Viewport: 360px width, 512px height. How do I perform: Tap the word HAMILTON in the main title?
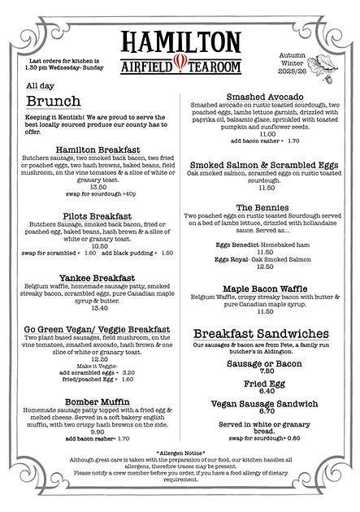pyautogui.click(x=180, y=42)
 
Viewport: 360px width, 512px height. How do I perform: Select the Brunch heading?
pyautogui.click(x=53, y=101)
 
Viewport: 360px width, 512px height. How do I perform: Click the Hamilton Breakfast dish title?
pyautogui.click(x=98, y=150)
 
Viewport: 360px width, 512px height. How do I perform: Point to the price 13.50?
pyautogui.click(x=98, y=185)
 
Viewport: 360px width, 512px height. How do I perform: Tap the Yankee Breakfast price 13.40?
pyautogui.click(x=98, y=307)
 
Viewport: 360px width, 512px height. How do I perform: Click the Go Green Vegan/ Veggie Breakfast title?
pyautogui.click(x=98, y=329)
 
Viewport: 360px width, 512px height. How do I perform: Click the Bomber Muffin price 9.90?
pyautogui.click(x=98, y=432)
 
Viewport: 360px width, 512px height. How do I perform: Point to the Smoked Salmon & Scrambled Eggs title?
pyautogui.click(x=266, y=165)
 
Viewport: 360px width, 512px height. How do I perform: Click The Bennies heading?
pyautogui.click(x=266, y=207)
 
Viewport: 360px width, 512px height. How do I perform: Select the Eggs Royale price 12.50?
pyautogui.click(x=266, y=266)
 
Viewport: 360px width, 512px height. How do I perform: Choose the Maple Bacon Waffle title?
pyautogui.click(x=266, y=289)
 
